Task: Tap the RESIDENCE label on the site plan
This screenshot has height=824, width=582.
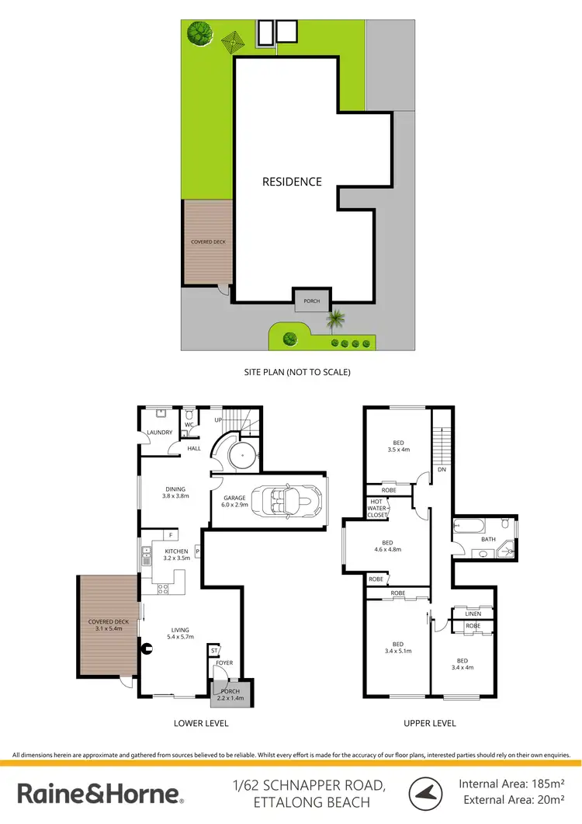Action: pyautogui.click(x=292, y=182)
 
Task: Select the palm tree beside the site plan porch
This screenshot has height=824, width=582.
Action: pyautogui.click(x=336, y=318)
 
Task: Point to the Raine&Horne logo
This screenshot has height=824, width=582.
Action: pyautogui.click(x=100, y=794)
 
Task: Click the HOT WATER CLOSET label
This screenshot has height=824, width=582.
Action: pyautogui.click(x=376, y=509)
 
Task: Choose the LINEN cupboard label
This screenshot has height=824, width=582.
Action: pyautogui.click(x=473, y=614)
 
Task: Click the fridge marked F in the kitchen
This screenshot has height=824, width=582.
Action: pyautogui.click(x=171, y=535)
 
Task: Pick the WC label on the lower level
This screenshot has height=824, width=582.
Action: pyautogui.click(x=189, y=426)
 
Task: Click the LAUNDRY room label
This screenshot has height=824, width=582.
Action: pyautogui.click(x=160, y=433)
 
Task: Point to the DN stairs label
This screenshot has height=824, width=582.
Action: pyautogui.click(x=442, y=470)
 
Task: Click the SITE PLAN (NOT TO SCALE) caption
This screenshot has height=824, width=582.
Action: pyautogui.click(x=297, y=372)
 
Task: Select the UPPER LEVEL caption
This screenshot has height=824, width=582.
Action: pyautogui.click(x=429, y=723)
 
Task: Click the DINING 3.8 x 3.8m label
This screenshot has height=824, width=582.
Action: pyautogui.click(x=175, y=492)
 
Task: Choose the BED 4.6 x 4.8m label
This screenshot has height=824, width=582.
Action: pyautogui.click(x=387, y=546)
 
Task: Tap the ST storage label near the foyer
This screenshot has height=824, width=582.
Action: pyautogui.click(x=212, y=649)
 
